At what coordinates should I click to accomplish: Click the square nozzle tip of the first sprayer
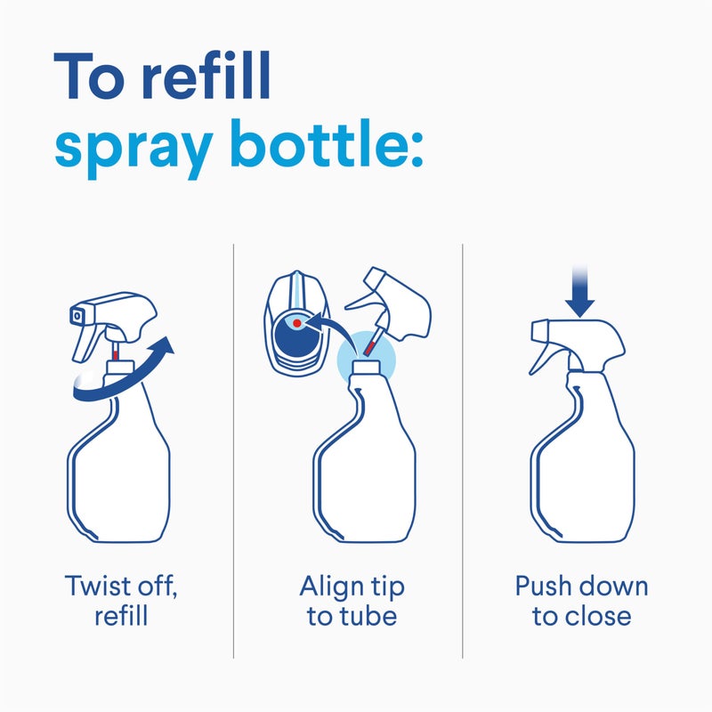coord(77,314)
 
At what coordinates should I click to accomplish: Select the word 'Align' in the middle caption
coord(330,587)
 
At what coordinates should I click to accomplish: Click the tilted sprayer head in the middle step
coord(400,307)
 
